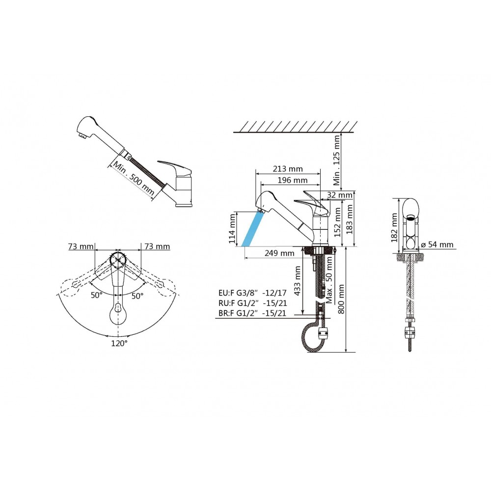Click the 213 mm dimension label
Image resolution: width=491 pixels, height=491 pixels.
click(288, 169)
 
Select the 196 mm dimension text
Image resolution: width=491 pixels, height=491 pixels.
click(293, 180)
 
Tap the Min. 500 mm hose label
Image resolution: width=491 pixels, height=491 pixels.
click(133, 178)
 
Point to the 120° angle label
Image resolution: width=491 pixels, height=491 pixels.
click(119, 344)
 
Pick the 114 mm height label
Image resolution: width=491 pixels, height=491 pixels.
click(232, 229)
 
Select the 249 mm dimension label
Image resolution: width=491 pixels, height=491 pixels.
click(279, 253)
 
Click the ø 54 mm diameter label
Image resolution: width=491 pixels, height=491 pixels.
click(437, 244)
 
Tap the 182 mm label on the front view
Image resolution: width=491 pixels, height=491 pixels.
click(394, 228)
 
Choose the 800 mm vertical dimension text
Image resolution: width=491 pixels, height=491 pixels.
click(341, 299)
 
